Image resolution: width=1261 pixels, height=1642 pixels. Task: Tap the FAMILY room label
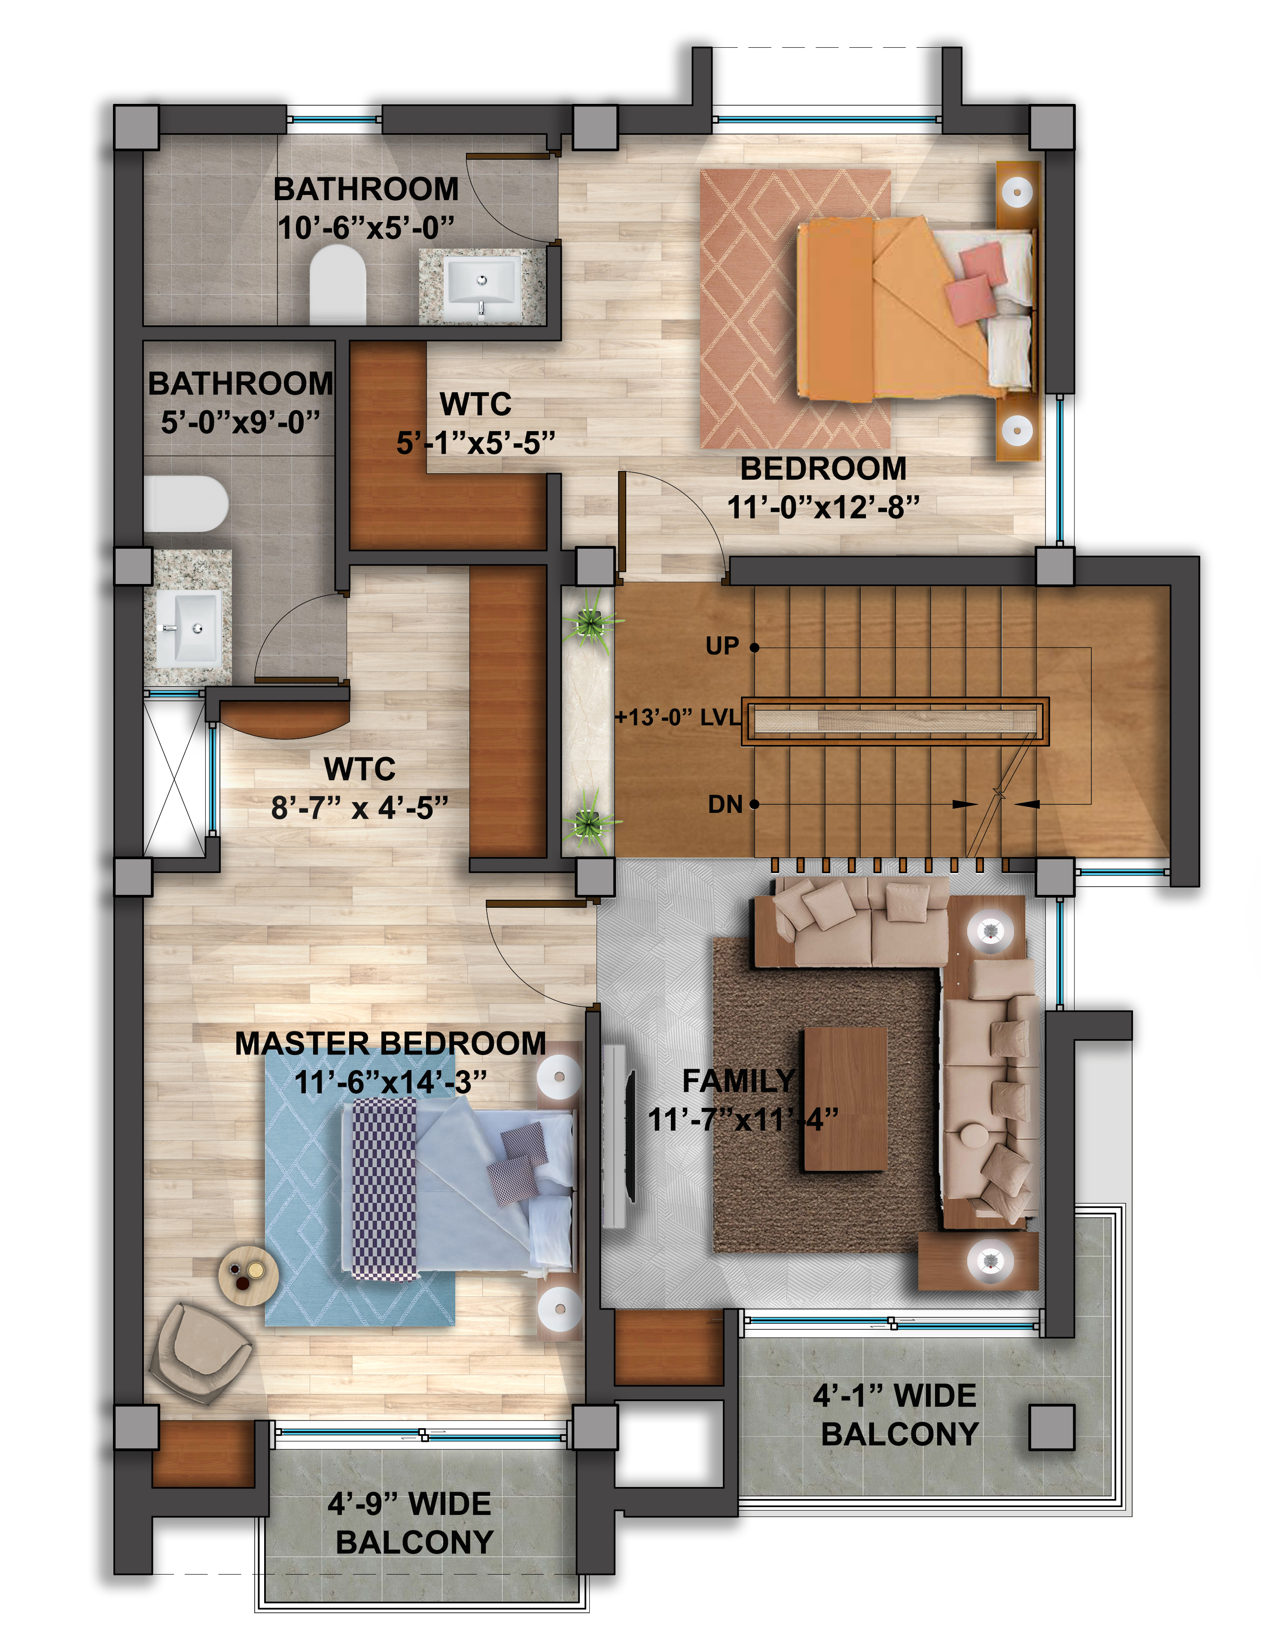click(739, 1081)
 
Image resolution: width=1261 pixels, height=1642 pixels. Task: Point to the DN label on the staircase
click(725, 805)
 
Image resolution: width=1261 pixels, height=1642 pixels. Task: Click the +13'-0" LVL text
click(677, 718)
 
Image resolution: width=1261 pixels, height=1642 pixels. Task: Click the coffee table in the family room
click(845, 1099)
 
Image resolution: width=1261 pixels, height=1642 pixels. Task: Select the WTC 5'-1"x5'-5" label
click(476, 423)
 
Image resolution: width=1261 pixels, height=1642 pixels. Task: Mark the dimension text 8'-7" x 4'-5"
click(359, 808)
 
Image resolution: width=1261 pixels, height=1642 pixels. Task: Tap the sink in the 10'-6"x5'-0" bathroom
click(481, 287)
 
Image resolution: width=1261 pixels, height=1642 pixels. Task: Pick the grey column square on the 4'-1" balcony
click(1051, 1426)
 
